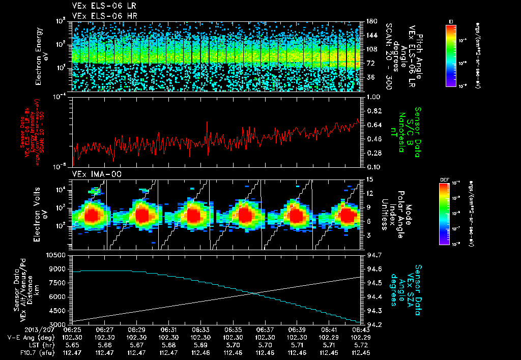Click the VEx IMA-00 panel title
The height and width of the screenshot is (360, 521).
pos(93,174)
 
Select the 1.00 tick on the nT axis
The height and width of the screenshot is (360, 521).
pos(371,97)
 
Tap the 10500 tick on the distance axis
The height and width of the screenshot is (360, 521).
pos(57,255)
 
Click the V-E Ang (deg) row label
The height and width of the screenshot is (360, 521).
pos(30,337)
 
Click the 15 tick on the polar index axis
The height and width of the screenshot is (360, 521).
pos(368,179)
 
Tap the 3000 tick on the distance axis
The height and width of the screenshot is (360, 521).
pos(59,324)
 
